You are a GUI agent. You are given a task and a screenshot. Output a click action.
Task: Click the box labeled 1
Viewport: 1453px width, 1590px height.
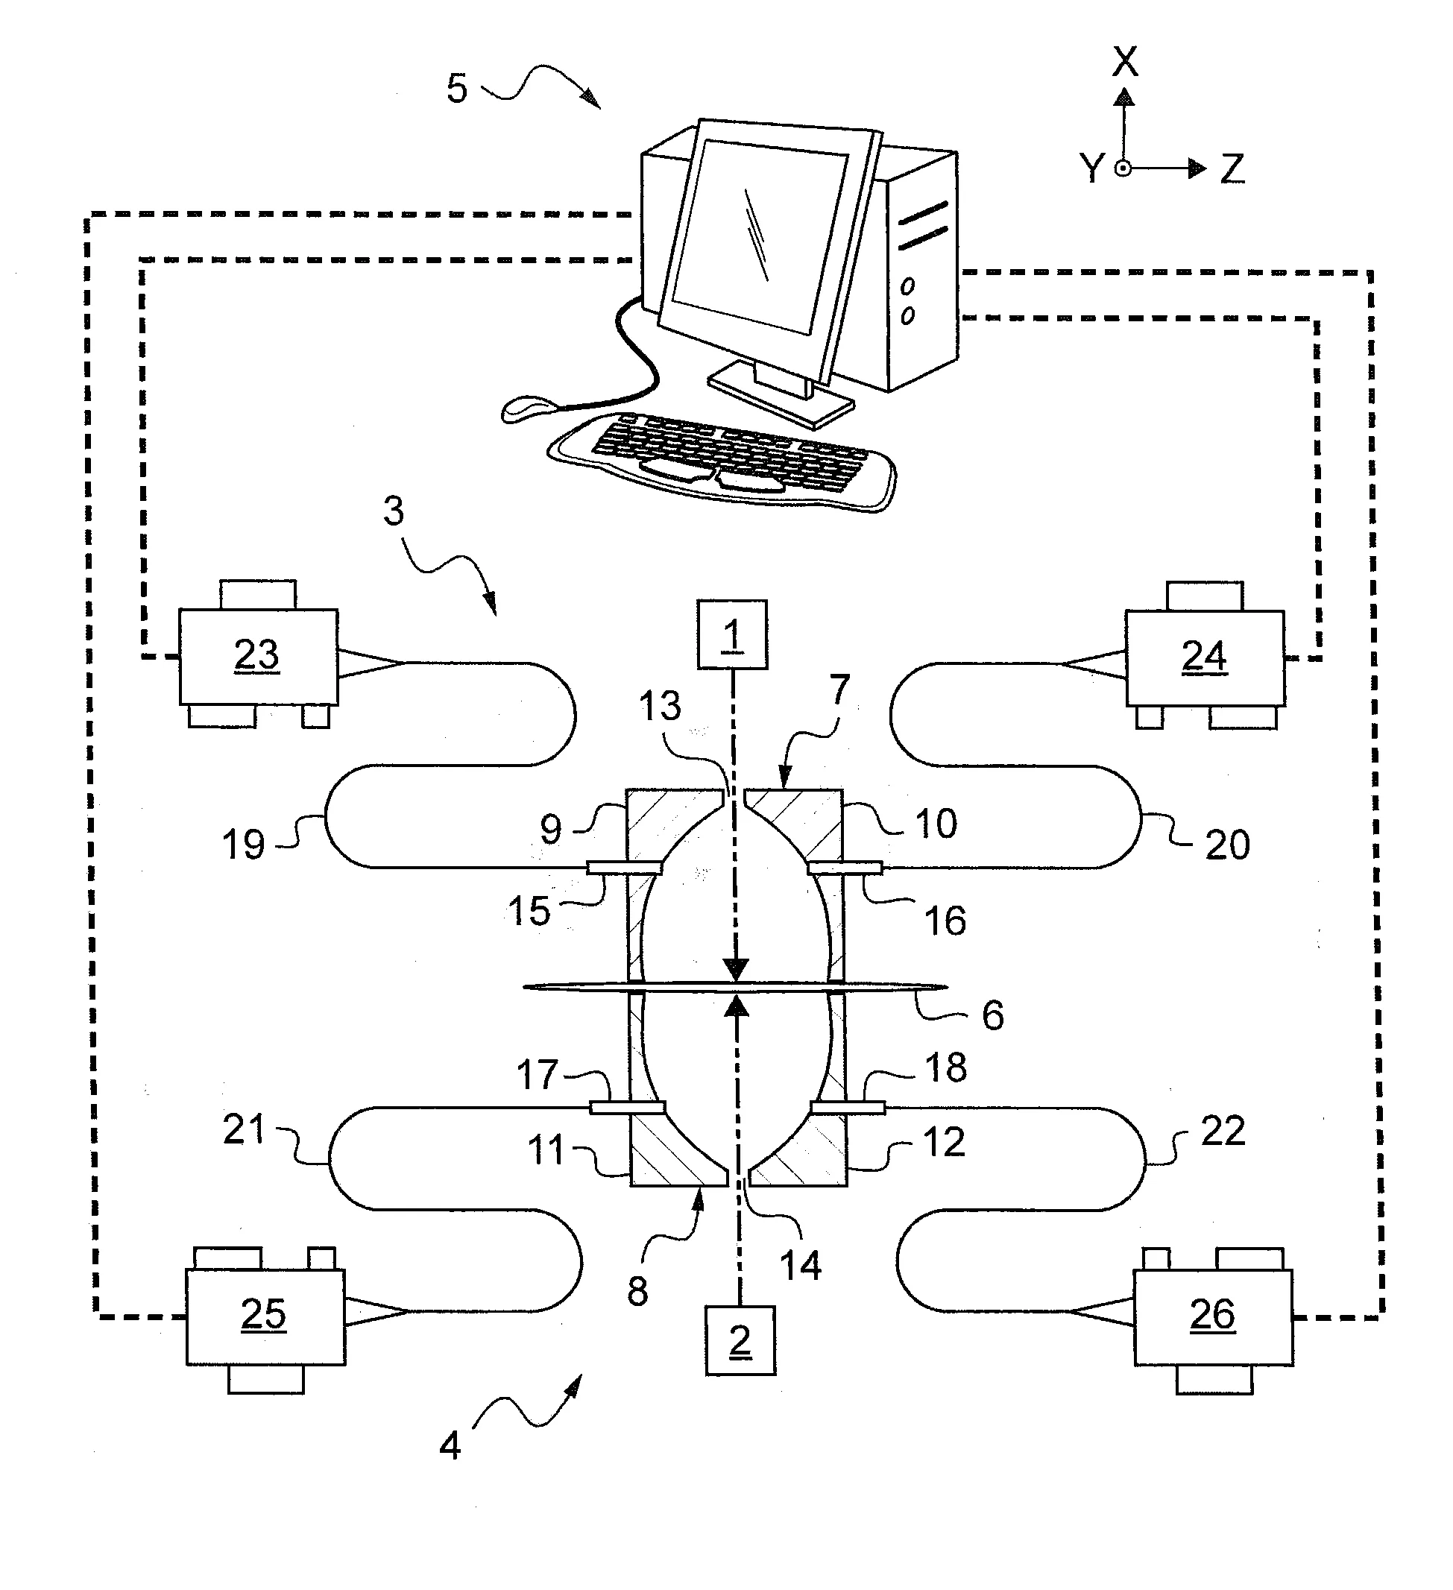[x=732, y=635]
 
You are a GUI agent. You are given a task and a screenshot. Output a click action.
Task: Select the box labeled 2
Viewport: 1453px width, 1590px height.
[x=740, y=1341]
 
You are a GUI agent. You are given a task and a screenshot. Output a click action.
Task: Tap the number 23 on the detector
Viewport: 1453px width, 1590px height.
[x=256, y=654]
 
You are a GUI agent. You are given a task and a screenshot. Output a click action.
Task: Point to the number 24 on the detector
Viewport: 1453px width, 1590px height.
[x=1204, y=655]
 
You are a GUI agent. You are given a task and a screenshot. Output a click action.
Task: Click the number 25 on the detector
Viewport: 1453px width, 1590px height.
[x=263, y=1315]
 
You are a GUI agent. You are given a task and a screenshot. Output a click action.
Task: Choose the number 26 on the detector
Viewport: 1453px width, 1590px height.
[x=1212, y=1315]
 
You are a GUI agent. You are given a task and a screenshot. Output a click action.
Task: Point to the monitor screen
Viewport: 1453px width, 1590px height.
[x=755, y=236]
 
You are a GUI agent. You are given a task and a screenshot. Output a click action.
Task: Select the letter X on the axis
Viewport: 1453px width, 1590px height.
[x=1125, y=62]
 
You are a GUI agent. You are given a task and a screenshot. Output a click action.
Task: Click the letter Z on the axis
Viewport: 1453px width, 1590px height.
[x=1232, y=168]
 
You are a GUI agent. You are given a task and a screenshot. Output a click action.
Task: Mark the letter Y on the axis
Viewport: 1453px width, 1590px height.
[x=1091, y=168]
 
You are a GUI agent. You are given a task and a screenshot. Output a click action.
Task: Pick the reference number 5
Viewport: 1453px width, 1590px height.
[x=457, y=88]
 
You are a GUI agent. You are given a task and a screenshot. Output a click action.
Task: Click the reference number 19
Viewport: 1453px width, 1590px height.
[x=243, y=845]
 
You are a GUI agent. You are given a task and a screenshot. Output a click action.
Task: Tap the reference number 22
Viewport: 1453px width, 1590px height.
[x=1223, y=1131]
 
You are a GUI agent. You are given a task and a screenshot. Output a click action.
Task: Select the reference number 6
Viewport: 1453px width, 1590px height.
[x=992, y=1015]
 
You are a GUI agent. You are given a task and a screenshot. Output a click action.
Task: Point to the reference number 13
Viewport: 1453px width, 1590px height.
[x=660, y=706]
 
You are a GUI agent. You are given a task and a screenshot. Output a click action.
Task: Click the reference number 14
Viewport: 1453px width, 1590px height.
[x=800, y=1265]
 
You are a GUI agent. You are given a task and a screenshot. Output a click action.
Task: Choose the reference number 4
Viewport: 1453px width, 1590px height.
[x=450, y=1445]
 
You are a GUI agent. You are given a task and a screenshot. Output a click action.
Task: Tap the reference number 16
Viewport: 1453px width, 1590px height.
[x=945, y=921]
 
